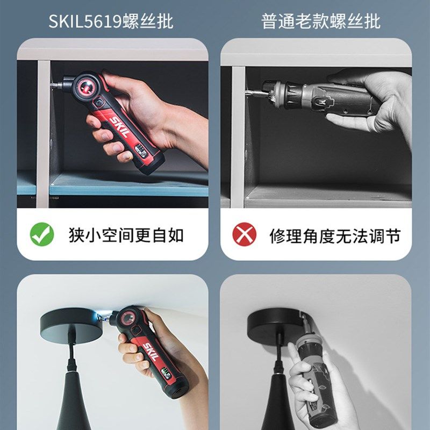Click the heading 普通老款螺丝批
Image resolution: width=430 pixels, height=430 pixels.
(321, 21)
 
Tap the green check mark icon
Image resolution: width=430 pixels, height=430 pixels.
(42, 235)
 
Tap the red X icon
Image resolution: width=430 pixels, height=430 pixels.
(245, 235)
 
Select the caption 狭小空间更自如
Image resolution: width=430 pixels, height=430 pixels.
(126, 235)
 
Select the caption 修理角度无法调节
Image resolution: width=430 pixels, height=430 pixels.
(335, 235)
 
